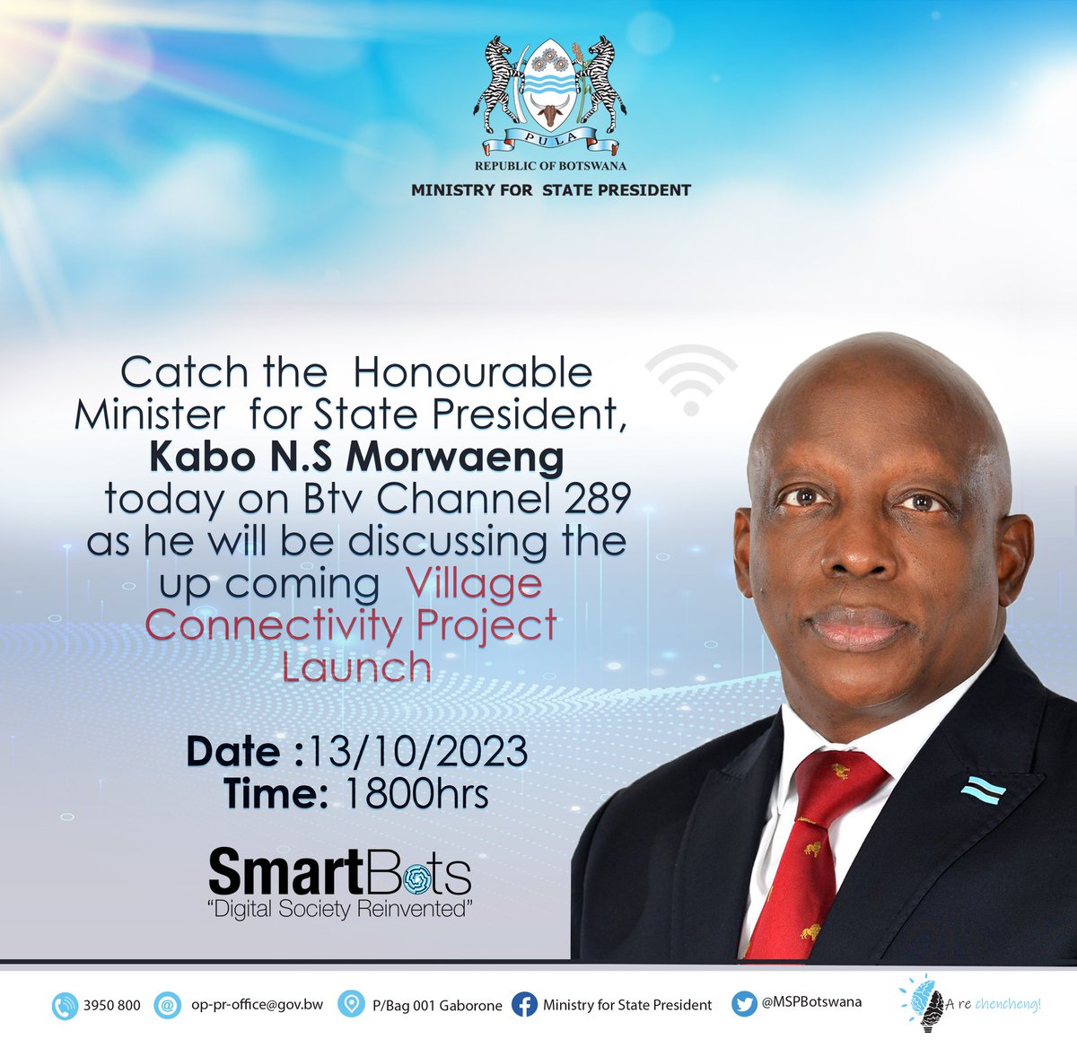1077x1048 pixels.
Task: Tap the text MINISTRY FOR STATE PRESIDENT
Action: click(x=550, y=190)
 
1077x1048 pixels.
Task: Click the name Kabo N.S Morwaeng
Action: click(x=356, y=457)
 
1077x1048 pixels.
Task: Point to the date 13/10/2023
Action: click(x=416, y=751)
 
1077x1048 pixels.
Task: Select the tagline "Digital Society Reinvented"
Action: click(x=339, y=910)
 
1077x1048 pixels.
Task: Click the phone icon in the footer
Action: click(x=66, y=1005)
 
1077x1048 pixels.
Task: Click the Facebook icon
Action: click(x=524, y=1005)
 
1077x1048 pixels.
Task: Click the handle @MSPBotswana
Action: click(x=811, y=1002)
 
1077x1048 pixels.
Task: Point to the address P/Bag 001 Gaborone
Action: click(x=437, y=1005)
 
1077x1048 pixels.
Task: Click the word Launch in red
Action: click(x=356, y=668)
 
